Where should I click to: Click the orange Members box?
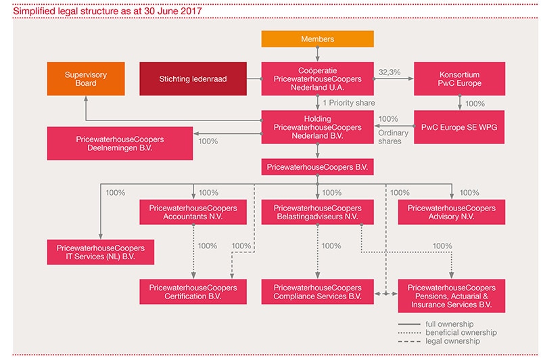click(317, 39)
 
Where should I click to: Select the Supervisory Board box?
click(86, 78)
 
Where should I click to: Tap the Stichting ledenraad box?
click(193, 78)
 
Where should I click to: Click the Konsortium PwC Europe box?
click(459, 78)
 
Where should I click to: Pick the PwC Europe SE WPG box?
click(459, 127)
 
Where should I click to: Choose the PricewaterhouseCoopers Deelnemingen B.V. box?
click(120, 143)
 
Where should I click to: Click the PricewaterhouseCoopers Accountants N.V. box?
click(193, 212)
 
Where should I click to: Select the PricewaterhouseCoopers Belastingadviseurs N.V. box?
click(317, 212)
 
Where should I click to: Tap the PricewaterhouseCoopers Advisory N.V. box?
click(451, 212)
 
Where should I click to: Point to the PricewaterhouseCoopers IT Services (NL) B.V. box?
click(100, 252)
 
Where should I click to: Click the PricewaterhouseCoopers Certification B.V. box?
click(193, 292)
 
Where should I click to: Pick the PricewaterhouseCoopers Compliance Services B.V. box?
click(317, 292)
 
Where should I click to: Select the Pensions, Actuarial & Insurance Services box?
click(451, 296)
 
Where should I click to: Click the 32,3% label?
click(390, 72)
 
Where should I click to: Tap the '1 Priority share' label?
click(349, 103)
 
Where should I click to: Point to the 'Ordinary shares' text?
click(393, 137)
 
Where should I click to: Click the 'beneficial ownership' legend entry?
click(448, 333)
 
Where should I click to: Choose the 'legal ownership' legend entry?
click(439, 341)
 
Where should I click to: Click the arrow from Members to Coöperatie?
click(317, 55)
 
